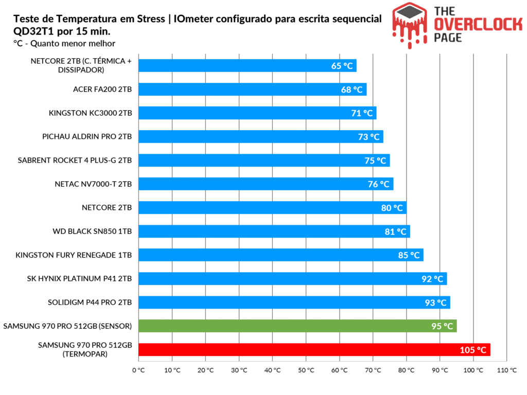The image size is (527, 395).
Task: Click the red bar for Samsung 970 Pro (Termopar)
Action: point(314,350)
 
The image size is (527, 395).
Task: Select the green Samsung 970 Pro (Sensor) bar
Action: point(297,326)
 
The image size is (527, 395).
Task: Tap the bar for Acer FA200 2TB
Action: point(252,89)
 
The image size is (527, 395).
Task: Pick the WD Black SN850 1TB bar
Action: point(274,231)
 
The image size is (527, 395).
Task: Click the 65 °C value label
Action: point(342,66)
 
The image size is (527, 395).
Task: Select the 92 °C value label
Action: point(432,279)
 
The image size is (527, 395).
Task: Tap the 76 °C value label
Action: point(379,184)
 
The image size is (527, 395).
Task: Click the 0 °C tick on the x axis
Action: point(138,370)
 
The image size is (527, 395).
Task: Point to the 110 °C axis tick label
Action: point(507,370)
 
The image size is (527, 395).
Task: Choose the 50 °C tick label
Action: point(306,370)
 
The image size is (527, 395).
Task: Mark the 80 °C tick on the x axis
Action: point(407,370)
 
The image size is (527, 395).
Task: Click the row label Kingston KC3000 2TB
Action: point(90,113)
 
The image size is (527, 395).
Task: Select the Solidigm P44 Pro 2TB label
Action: point(90,302)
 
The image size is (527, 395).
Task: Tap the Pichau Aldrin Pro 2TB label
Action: point(87,137)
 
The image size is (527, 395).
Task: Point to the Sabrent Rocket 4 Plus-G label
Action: point(75,160)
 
